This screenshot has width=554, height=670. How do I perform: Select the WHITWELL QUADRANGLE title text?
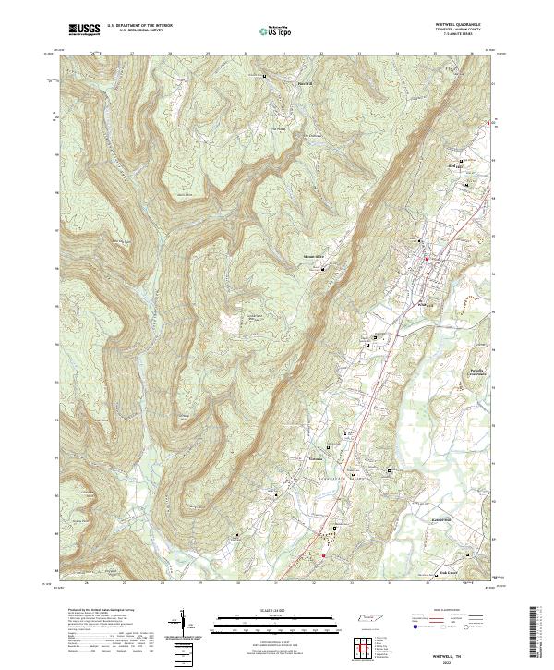(x=463, y=24)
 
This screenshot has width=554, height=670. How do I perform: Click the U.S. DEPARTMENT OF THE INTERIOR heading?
(x=139, y=25)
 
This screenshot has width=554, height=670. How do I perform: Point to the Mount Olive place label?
(x=315, y=257)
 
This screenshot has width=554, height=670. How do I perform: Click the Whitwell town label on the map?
(x=426, y=302)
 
